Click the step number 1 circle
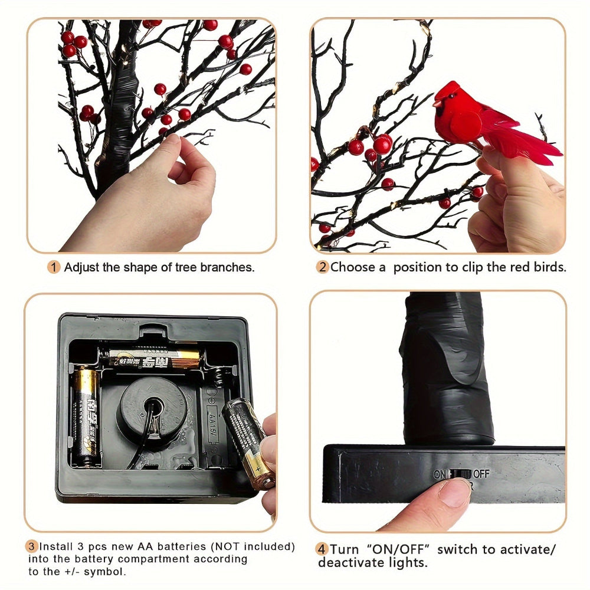54,267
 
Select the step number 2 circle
322,267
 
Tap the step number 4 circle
322,549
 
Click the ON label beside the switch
440,474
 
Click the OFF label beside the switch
481,474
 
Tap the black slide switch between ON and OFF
461,474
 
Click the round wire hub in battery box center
153,407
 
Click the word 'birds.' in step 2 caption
549,267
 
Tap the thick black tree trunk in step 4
447,366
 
